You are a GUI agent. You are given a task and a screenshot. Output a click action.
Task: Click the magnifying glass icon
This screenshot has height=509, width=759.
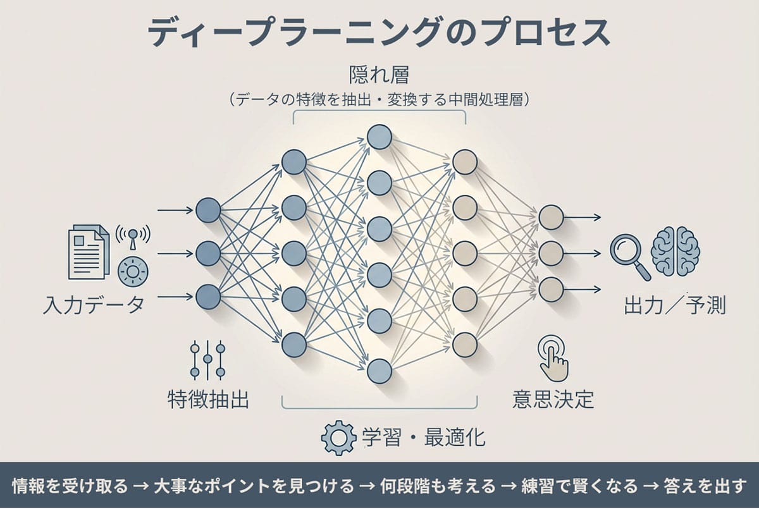coord(628,254)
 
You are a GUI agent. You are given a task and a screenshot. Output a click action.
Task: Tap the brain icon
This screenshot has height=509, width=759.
coord(675,251)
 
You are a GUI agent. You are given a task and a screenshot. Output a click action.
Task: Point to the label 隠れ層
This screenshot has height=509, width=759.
coord(379,76)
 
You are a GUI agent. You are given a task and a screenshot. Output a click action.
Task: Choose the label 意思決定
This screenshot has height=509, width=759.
coord(553,400)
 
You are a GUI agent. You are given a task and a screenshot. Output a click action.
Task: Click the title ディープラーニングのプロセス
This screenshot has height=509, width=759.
coord(379,32)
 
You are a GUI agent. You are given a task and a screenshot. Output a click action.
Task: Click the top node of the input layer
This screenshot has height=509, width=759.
coord(208,211)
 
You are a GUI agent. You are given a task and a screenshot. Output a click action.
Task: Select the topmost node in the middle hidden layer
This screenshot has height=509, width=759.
coord(379,137)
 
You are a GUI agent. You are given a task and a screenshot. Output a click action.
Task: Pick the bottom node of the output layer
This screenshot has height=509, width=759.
coord(551,289)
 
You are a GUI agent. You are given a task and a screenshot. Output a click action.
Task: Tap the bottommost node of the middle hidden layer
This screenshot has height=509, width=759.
coord(379,371)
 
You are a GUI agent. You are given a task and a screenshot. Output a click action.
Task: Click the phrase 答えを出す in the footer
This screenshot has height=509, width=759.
coord(705,486)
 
